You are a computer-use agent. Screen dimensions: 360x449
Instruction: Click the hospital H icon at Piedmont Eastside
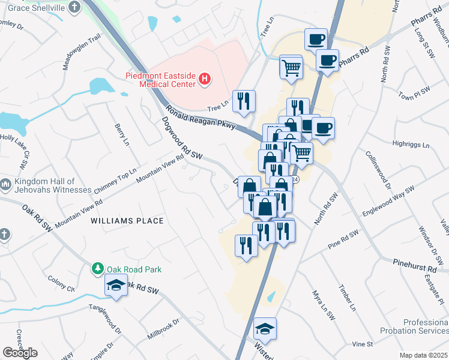tap(205, 79)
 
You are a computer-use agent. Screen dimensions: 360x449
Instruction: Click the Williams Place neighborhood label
tap(127, 221)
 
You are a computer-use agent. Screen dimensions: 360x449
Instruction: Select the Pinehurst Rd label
tap(415, 265)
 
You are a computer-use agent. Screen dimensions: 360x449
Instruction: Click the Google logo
tap(20, 353)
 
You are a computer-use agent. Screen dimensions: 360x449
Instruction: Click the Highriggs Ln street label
tap(411, 145)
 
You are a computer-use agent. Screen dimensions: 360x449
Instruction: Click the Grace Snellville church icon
tap(74, 7)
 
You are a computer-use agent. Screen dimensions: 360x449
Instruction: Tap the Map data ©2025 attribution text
tap(424, 355)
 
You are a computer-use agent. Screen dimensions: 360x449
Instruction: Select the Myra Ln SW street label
tap(318, 304)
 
